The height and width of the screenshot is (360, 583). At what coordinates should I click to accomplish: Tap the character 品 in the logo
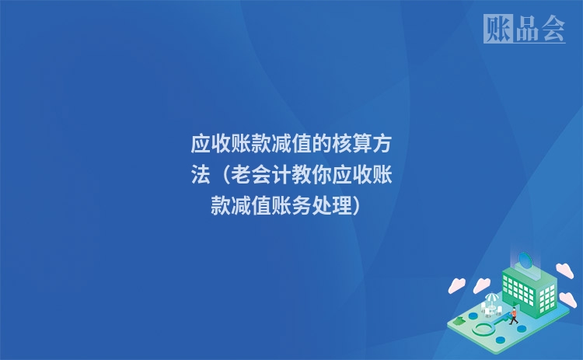pos(525,29)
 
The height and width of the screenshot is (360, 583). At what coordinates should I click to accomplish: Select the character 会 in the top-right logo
pos(552,29)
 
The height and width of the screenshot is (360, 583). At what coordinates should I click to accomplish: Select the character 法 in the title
pos(201,175)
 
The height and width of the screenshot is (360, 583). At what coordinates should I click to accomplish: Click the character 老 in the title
pos(241,175)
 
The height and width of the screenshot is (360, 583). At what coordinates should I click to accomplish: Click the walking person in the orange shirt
pos(514,314)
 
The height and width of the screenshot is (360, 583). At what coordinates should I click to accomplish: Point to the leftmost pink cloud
pos(456,285)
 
